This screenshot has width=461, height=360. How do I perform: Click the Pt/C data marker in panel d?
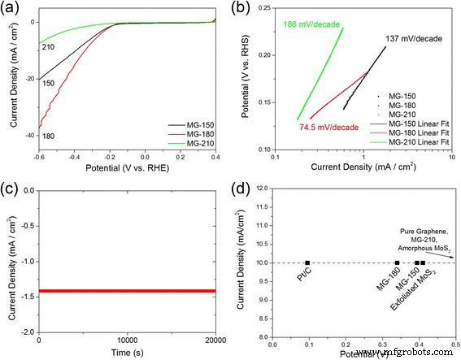[307, 262]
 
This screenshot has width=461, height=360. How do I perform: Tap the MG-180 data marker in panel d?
[397, 262]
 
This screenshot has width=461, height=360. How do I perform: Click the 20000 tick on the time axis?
[220, 341]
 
